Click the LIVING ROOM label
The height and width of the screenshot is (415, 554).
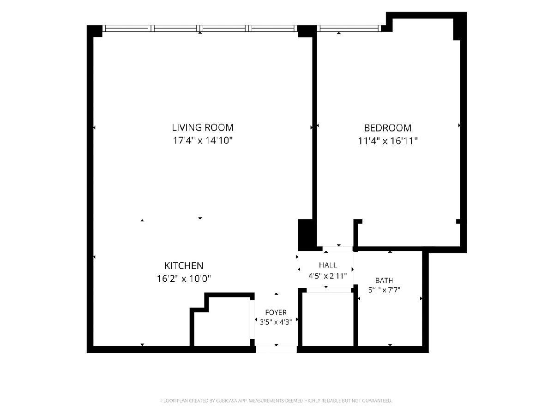pos(203,128)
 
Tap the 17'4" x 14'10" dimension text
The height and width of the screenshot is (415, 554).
pos(202,140)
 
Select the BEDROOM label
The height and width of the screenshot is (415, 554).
pos(388,128)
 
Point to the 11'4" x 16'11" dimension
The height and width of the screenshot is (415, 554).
pos(388,141)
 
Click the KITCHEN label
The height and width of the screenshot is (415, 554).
pos(184,266)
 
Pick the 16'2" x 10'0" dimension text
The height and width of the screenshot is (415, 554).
pos(184,279)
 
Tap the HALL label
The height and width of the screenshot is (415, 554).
pos(328,265)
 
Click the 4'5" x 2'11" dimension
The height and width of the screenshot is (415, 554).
pos(328,276)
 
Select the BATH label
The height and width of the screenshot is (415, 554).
pos(384,280)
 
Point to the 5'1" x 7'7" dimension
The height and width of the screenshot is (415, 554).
pos(384,290)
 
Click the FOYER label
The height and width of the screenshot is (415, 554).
pos(276,313)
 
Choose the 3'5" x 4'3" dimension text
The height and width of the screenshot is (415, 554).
pos(276,322)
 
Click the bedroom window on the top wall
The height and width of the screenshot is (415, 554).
pos(349,28)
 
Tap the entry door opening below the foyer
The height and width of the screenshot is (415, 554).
pos(277,349)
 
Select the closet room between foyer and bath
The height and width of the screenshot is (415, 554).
pos(328,319)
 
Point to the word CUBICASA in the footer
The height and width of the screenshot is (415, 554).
pos(226,400)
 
